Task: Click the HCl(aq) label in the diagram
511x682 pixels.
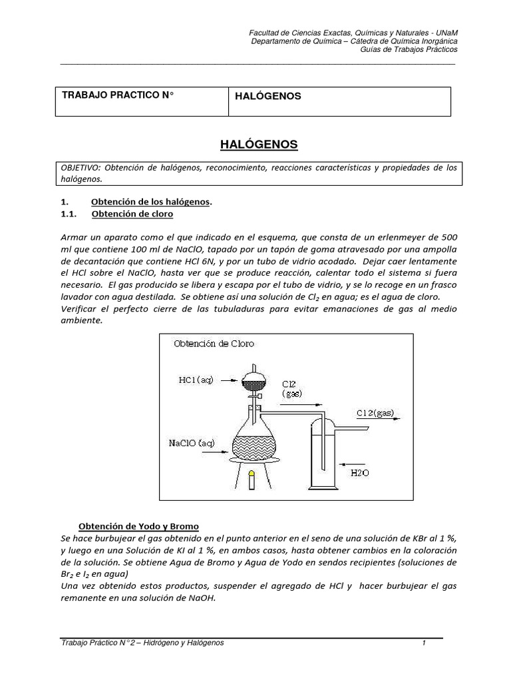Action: coord(196,381)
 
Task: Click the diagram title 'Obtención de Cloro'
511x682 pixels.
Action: coord(214,344)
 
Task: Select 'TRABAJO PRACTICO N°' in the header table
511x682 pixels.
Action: coord(118,95)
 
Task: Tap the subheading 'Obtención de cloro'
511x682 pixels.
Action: coord(132,214)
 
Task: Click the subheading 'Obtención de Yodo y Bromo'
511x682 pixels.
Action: coord(139,526)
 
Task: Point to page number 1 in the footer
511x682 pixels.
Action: coord(423,643)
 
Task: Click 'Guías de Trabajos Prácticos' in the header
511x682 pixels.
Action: coord(409,50)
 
